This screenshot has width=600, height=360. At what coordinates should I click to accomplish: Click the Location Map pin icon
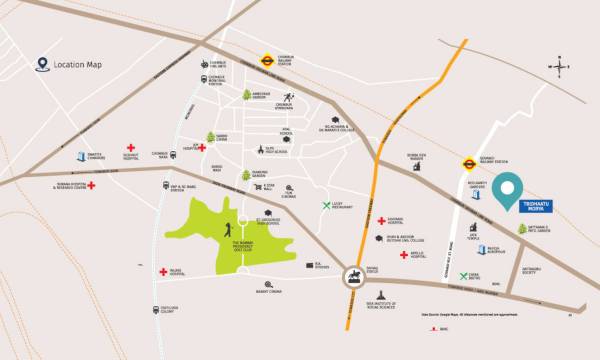[42, 65]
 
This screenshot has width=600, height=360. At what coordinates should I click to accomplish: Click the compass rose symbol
[561, 68]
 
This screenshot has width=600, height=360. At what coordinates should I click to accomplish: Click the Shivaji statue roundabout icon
[354, 278]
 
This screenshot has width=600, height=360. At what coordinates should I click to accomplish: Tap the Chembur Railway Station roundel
[266, 59]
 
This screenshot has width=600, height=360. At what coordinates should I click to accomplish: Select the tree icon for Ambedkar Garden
[247, 96]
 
